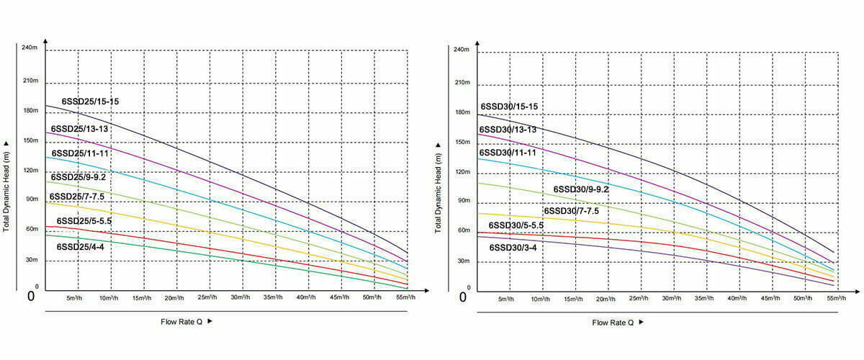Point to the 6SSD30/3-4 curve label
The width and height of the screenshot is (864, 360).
513,247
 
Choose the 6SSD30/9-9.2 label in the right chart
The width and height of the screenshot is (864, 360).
581,189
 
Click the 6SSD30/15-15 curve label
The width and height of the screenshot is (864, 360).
509,107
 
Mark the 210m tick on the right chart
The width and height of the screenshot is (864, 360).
462,82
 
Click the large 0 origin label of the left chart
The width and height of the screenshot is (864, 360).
30,296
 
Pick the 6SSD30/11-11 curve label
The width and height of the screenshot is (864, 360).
508,153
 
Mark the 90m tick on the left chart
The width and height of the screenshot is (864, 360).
31,199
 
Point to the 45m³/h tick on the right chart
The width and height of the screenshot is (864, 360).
769,298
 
